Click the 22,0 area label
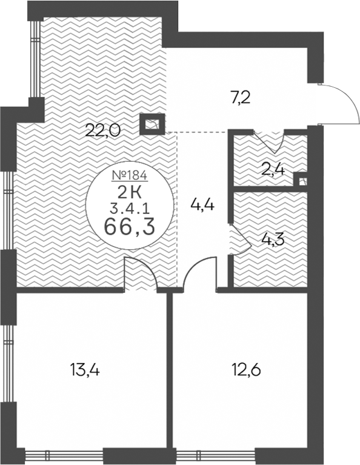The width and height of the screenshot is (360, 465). coord(102,130)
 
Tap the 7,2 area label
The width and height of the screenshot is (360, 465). coord(241,98)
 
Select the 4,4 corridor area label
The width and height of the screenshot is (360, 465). coord(202,205)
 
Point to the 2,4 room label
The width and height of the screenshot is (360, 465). coord(274,170)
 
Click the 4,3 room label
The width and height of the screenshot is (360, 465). coord(273,240)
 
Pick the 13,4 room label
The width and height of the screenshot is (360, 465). coord(85,370)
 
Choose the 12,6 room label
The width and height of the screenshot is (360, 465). coord(247,370)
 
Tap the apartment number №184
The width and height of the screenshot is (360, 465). coord(130,176)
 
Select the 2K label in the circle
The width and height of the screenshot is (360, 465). coord(130,193)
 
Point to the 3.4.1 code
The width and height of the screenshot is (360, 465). coord(130,209)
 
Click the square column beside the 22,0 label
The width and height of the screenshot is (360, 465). coord(152,124)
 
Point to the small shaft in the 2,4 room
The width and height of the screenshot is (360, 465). coord(300,179)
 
